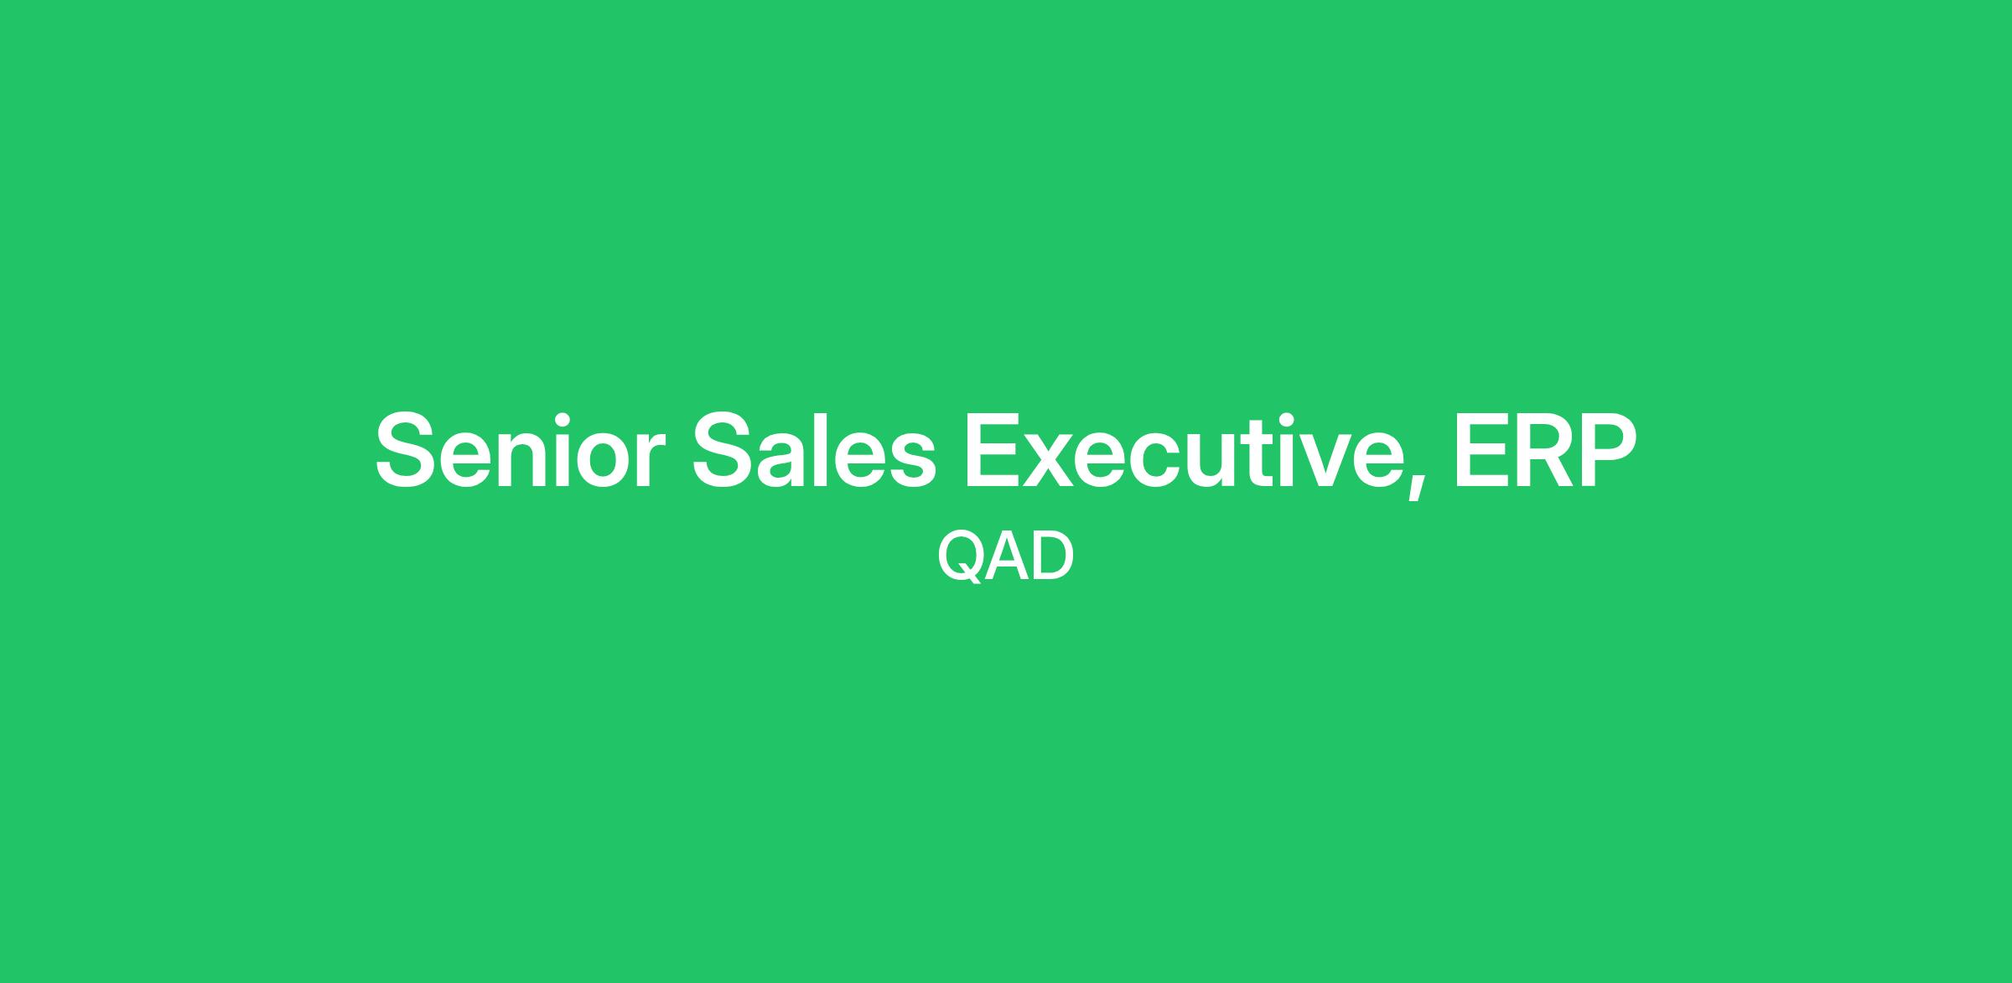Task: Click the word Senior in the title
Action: [521, 449]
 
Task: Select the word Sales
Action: [813, 448]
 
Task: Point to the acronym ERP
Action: [1545, 449]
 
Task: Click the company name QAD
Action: [1005, 556]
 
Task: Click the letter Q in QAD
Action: [960, 557]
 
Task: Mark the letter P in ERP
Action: [1608, 449]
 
